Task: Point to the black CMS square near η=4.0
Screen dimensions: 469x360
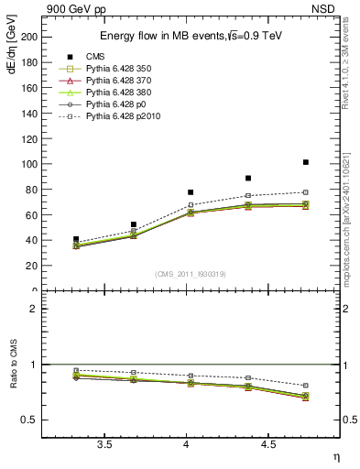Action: [191, 192]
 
